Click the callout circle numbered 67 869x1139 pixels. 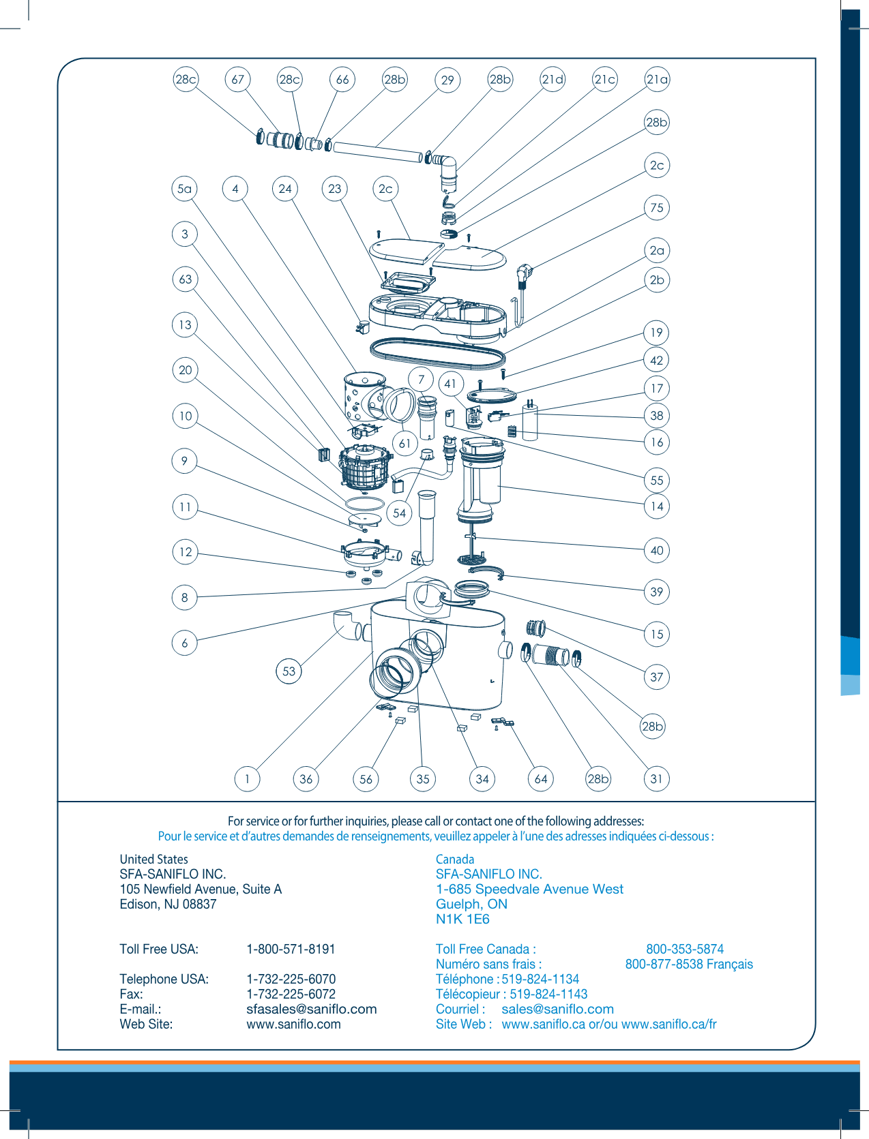[x=237, y=80]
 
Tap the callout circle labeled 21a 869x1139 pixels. [x=657, y=80]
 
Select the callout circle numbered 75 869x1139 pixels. [x=657, y=208]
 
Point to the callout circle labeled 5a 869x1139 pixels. [x=184, y=189]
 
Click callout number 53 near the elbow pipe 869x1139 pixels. [x=289, y=671]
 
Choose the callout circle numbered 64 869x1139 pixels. [x=541, y=778]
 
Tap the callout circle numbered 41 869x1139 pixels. [x=450, y=384]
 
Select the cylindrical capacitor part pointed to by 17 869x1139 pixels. [x=530, y=423]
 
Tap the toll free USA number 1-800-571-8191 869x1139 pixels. [x=291, y=949]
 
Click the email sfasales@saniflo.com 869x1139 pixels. [x=311, y=1009]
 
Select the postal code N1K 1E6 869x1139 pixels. [x=462, y=919]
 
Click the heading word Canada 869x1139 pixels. [x=454, y=859]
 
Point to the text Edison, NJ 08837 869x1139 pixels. [x=168, y=904]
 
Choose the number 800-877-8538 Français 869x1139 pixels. [x=689, y=964]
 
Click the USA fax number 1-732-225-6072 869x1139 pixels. [x=291, y=994]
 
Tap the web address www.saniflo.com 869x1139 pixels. [x=293, y=1024]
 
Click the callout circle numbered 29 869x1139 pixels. [x=447, y=80]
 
